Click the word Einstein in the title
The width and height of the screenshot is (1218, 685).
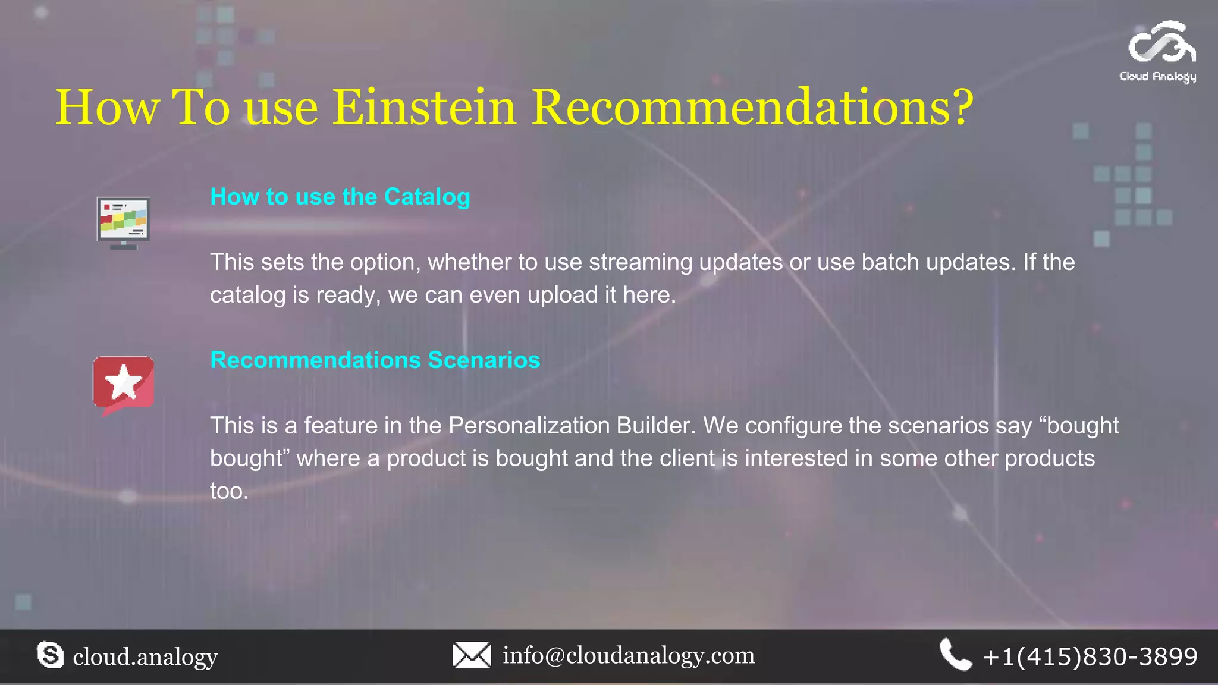click(424, 108)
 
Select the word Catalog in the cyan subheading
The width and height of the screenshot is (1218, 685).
click(427, 197)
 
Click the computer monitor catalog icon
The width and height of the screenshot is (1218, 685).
click(123, 223)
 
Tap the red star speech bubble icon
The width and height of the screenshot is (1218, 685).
click(124, 384)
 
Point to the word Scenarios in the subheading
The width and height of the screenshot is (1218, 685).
click(484, 360)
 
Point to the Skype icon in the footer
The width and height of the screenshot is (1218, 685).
click(50, 655)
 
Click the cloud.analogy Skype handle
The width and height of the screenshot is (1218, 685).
click(145, 656)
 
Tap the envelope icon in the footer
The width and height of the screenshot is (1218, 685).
click(472, 655)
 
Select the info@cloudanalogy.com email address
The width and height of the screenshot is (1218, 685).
click(629, 655)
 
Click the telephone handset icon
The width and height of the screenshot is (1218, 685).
click(955, 655)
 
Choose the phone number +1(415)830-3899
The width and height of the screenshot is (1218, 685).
click(1090, 656)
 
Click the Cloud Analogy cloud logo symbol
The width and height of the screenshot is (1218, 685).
click(1162, 43)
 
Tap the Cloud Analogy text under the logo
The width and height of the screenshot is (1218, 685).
click(1158, 76)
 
